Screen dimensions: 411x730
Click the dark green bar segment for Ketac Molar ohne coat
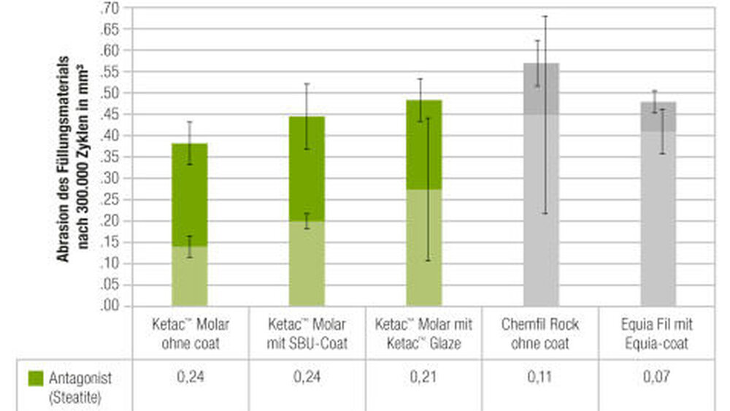pos(189,194)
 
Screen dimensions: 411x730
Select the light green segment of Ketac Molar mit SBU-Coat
pos(307,263)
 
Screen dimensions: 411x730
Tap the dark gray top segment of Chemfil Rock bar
pos(541,88)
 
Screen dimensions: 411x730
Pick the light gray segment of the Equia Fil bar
pos(658,219)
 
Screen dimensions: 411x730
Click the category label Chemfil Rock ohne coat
pos(540,334)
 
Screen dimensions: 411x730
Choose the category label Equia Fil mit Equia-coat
pos(658,334)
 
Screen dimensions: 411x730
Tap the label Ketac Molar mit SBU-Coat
pos(307,334)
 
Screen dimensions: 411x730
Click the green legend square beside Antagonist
pos(37,378)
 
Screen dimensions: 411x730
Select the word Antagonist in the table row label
pos(80,378)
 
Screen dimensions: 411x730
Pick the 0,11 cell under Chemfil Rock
pos(540,378)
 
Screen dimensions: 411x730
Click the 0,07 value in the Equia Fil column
pos(658,378)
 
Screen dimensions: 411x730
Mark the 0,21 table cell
pos(423,378)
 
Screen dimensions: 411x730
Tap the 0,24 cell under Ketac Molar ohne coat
pos(189,378)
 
